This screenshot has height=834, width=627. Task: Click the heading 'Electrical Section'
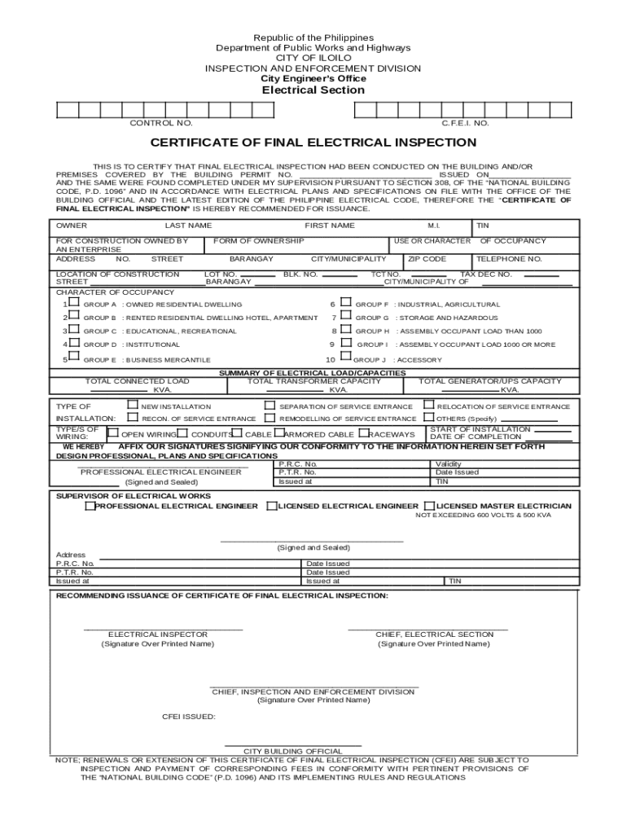click(x=313, y=90)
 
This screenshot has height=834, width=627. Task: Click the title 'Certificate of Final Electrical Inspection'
click(x=313, y=143)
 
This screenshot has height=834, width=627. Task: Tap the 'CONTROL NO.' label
click(x=161, y=123)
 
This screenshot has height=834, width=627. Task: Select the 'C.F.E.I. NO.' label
click(x=465, y=123)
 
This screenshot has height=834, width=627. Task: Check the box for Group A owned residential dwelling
click(x=74, y=303)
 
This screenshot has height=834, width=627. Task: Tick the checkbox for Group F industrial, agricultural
click(x=345, y=303)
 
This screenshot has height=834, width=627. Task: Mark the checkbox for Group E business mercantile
click(x=74, y=358)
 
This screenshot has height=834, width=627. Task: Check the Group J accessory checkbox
click(x=345, y=358)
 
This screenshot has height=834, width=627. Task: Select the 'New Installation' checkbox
click(x=133, y=405)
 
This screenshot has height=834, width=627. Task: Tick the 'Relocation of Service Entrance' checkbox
click(x=428, y=405)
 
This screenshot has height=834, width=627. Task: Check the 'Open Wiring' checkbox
click(x=114, y=433)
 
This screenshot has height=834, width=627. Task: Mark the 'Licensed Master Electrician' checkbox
click(x=429, y=506)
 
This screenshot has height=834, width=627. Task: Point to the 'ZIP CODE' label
click(x=427, y=259)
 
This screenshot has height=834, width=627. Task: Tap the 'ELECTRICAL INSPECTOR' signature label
click(x=158, y=634)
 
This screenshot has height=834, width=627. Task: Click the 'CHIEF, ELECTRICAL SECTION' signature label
click(x=434, y=634)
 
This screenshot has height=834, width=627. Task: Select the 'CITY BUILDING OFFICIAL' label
click(x=293, y=751)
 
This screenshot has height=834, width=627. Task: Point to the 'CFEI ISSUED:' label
click(x=189, y=717)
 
